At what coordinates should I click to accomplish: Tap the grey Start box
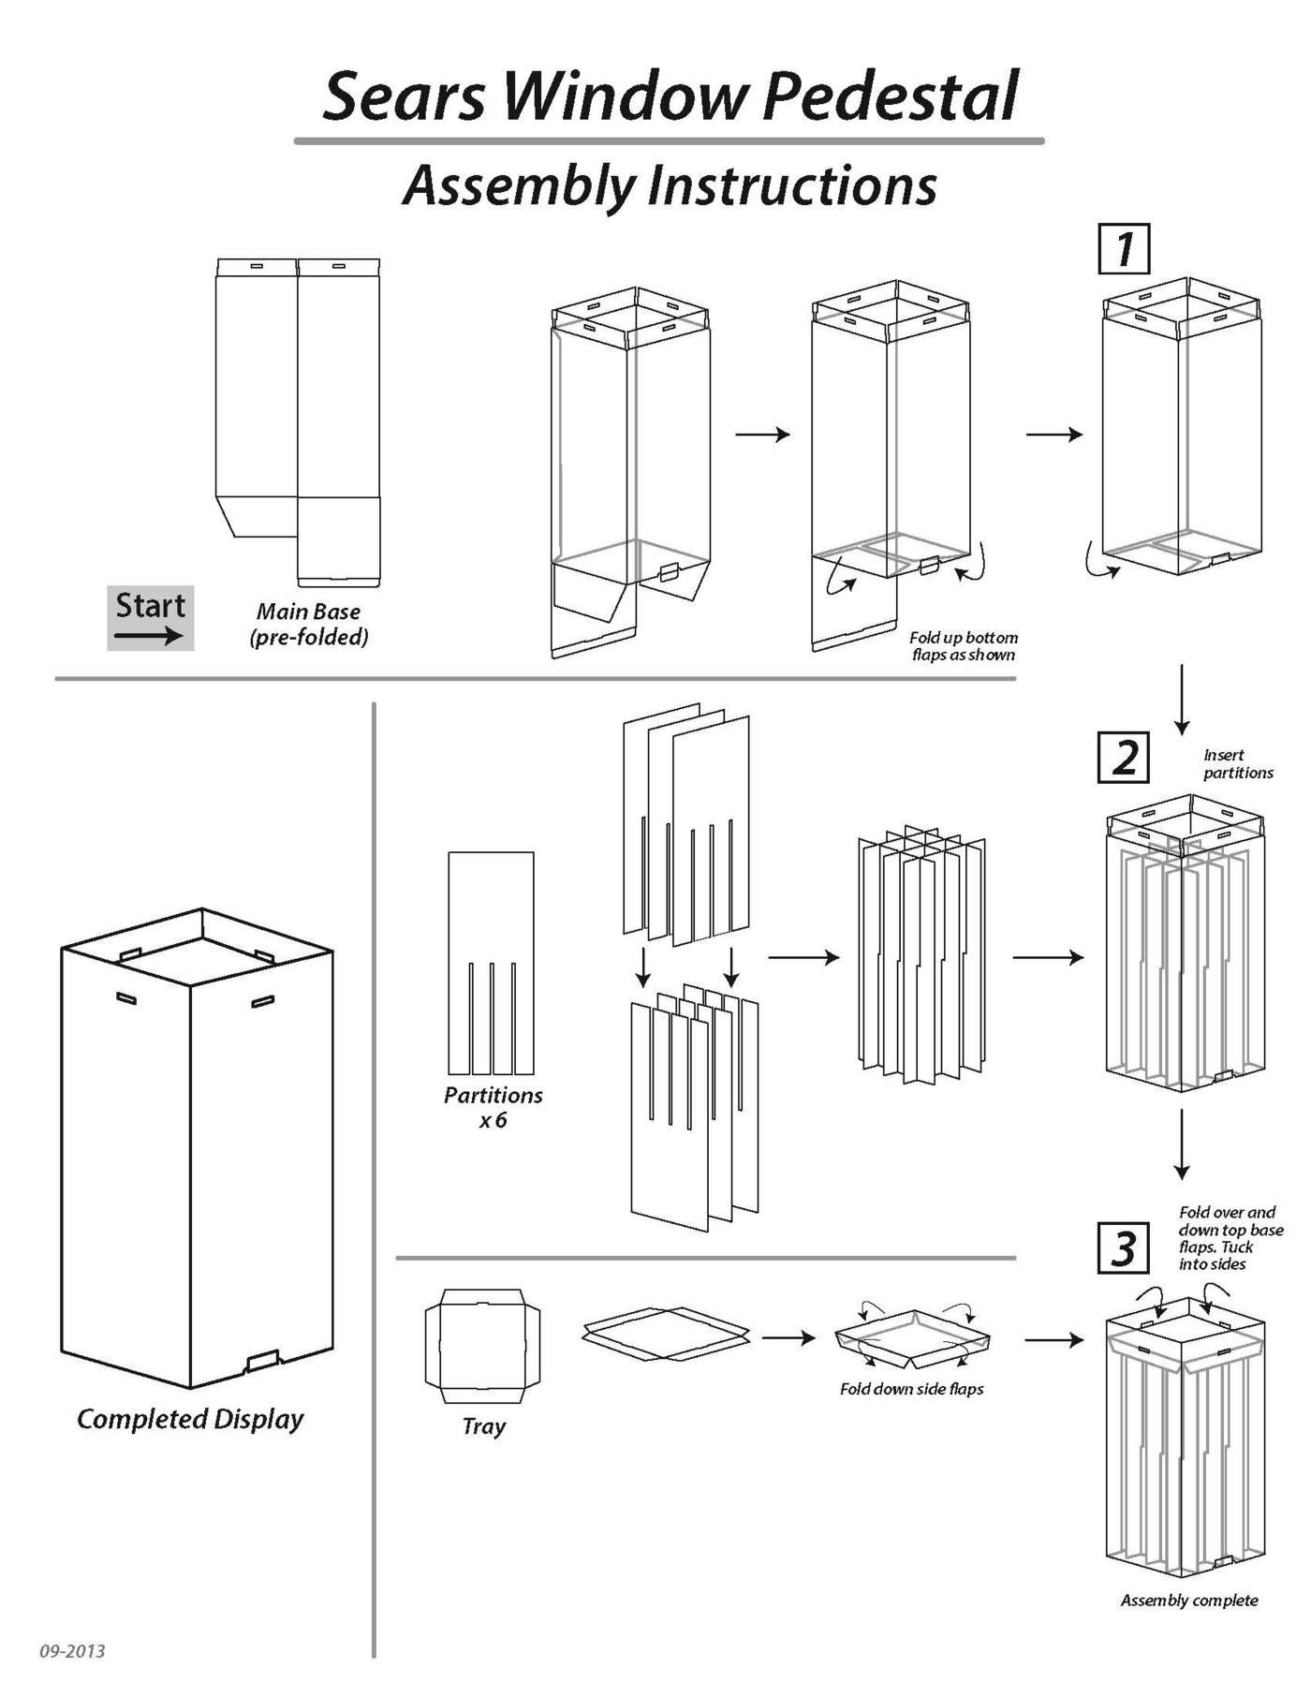(x=150, y=617)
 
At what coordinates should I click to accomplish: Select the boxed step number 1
(x=1124, y=249)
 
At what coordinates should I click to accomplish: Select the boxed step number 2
(x=1124, y=758)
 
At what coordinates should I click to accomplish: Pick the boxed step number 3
(x=1124, y=1247)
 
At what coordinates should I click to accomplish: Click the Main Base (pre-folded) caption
(x=308, y=624)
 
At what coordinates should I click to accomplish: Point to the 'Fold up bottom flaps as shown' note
(x=964, y=646)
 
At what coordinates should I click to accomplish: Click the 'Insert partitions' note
(x=1237, y=763)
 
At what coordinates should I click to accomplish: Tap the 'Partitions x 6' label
(x=493, y=1107)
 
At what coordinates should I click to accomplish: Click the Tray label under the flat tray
(x=483, y=1426)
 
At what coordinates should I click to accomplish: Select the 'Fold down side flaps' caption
(x=911, y=1389)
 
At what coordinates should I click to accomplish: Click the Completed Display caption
(x=190, y=1419)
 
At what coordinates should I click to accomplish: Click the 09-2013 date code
(x=72, y=1651)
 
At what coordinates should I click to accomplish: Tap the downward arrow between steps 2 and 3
(x=1182, y=1144)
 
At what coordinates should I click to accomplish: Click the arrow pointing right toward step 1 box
(x=1054, y=435)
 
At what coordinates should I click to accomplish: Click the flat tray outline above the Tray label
(x=482, y=1346)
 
